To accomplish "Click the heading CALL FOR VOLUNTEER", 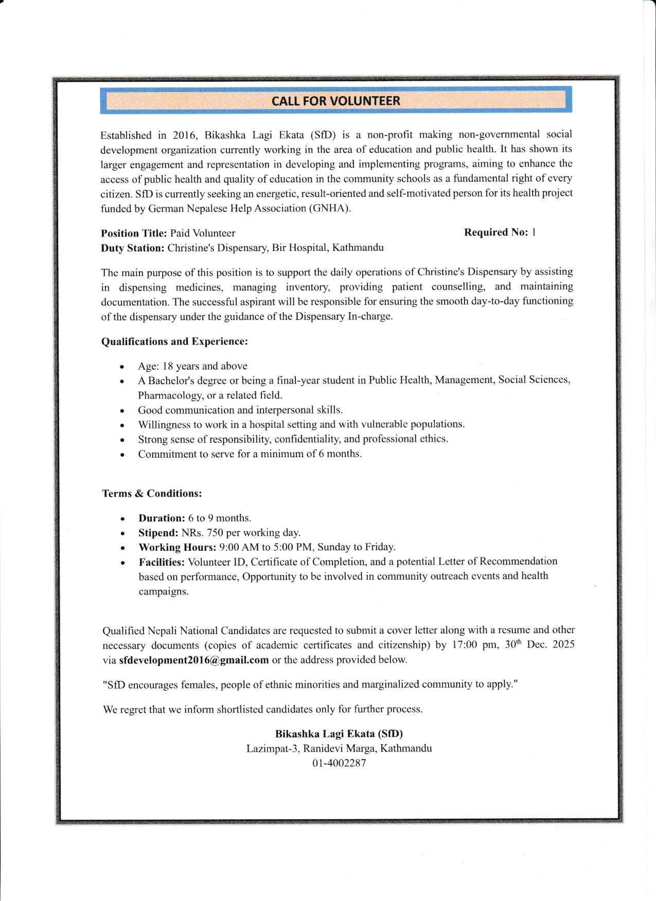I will tap(335, 101).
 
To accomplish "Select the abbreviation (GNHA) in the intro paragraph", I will tap(330, 208).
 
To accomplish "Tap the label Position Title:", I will tap(134, 233).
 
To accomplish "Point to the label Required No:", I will tap(496, 232).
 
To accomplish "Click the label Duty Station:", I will tap(133, 248).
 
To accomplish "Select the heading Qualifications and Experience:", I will tap(174, 341).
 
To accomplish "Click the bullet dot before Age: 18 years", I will tap(122, 367).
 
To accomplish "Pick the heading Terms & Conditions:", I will tap(152, 494).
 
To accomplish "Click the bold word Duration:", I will tap(162, 518).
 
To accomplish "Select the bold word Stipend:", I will tap(158, 533).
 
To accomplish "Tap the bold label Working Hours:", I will tap(177, 547).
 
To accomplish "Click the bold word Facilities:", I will tap(162, 562).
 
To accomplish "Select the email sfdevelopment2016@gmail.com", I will tap(194, 660).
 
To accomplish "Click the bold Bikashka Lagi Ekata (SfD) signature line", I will tap(339, 734).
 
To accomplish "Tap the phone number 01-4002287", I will tap(339, 763).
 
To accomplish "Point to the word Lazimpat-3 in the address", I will tap(272, 749).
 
